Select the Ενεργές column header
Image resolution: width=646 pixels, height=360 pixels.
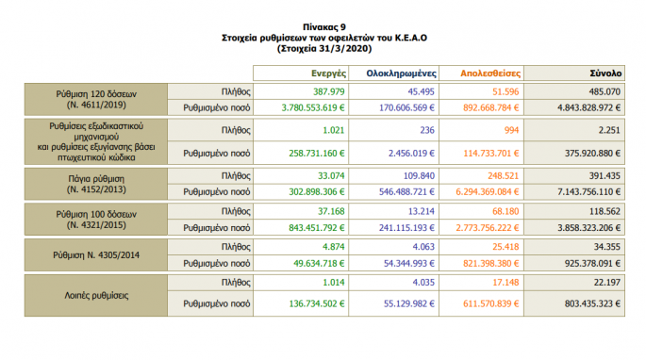click(326, 73)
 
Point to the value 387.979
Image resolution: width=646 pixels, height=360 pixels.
click(326, 91)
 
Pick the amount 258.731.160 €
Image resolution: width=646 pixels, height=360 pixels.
click(305, 151)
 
